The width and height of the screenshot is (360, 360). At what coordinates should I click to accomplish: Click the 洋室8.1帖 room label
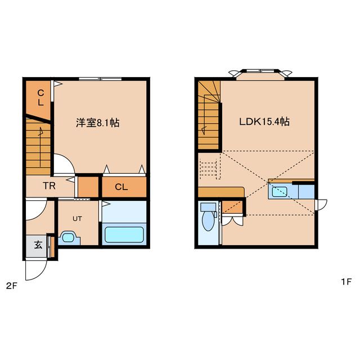click(x=97, y=122)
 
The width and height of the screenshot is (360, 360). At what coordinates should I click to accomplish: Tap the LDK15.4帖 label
click(x=264, y=121)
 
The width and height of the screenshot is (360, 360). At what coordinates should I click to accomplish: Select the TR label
click(x=49, y=186)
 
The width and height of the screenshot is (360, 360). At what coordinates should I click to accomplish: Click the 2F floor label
click(x=12, y=285)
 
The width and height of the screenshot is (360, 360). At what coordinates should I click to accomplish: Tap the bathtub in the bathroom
click(x=124, y=233)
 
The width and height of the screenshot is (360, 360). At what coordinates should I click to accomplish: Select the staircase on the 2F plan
click(x=38, y=146)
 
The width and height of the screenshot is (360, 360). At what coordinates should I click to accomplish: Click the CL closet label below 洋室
click(x=121, y=187)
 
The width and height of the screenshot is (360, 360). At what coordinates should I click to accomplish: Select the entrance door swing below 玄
click(x=38, y=268)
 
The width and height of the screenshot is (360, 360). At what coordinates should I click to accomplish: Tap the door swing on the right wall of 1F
click(x=321, y=204)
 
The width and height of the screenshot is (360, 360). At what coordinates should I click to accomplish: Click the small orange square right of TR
click(x=87, y=186)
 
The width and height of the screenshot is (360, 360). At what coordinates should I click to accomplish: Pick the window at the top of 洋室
click(x=100, y=78)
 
